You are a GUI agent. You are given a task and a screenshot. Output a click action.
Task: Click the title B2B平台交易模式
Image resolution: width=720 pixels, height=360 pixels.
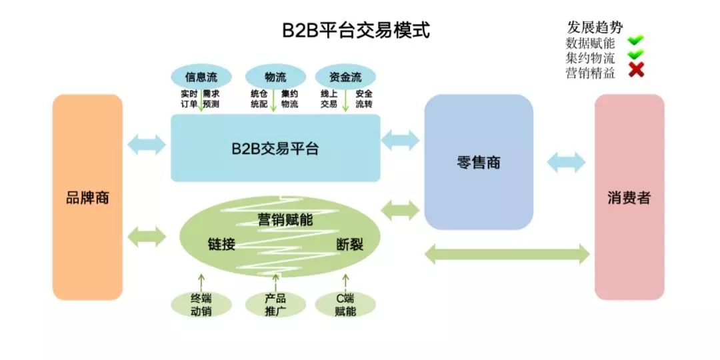click(x=354, y=31)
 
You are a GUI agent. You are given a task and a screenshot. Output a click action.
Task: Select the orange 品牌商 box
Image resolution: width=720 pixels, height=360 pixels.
click(x=87, y=197)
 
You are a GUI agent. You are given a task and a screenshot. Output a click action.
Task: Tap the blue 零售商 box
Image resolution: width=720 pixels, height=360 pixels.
click(x=479, y=162)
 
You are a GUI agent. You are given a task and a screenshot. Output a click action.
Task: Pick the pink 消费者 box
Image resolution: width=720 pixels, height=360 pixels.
click(x=629, y=197)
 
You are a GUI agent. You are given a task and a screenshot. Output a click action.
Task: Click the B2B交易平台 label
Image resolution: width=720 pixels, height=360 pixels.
click(x=275, y=149)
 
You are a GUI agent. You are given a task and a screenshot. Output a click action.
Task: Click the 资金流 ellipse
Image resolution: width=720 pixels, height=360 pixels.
click(x=345, y=76)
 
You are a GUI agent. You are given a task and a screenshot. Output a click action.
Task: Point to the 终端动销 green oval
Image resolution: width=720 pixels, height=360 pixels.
click(x=201, y=304)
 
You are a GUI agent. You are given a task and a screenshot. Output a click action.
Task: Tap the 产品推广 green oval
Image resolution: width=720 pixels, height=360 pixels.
click(x=275, y=304)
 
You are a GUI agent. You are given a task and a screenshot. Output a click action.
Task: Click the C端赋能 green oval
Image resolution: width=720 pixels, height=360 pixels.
click(x=345, y=304)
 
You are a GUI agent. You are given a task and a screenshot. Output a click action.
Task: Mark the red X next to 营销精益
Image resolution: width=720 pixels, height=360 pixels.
click(x=636, y=70)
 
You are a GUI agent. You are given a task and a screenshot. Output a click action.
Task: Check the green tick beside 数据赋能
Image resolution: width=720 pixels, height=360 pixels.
click(x=636, y=41)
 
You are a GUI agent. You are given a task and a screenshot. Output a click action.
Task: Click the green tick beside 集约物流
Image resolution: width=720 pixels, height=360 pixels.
click(x=636, y=55)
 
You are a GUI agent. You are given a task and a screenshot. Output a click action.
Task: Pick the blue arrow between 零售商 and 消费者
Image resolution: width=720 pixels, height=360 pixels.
click(x=566, y=162)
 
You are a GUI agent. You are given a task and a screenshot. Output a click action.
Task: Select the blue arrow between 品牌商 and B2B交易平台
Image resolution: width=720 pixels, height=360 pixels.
click(x=147, y=144)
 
